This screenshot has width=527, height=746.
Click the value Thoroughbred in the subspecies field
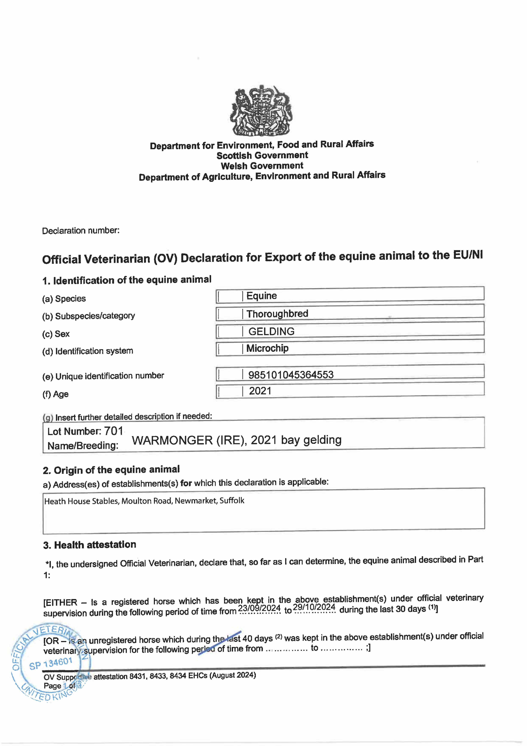tap(277, 313)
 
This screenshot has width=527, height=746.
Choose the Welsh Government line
tap(262, 166)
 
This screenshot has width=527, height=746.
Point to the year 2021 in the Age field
tap(260, 391)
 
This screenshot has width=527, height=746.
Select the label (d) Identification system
tap(88, 351)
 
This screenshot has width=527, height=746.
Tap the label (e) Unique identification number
tap(103, 376)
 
